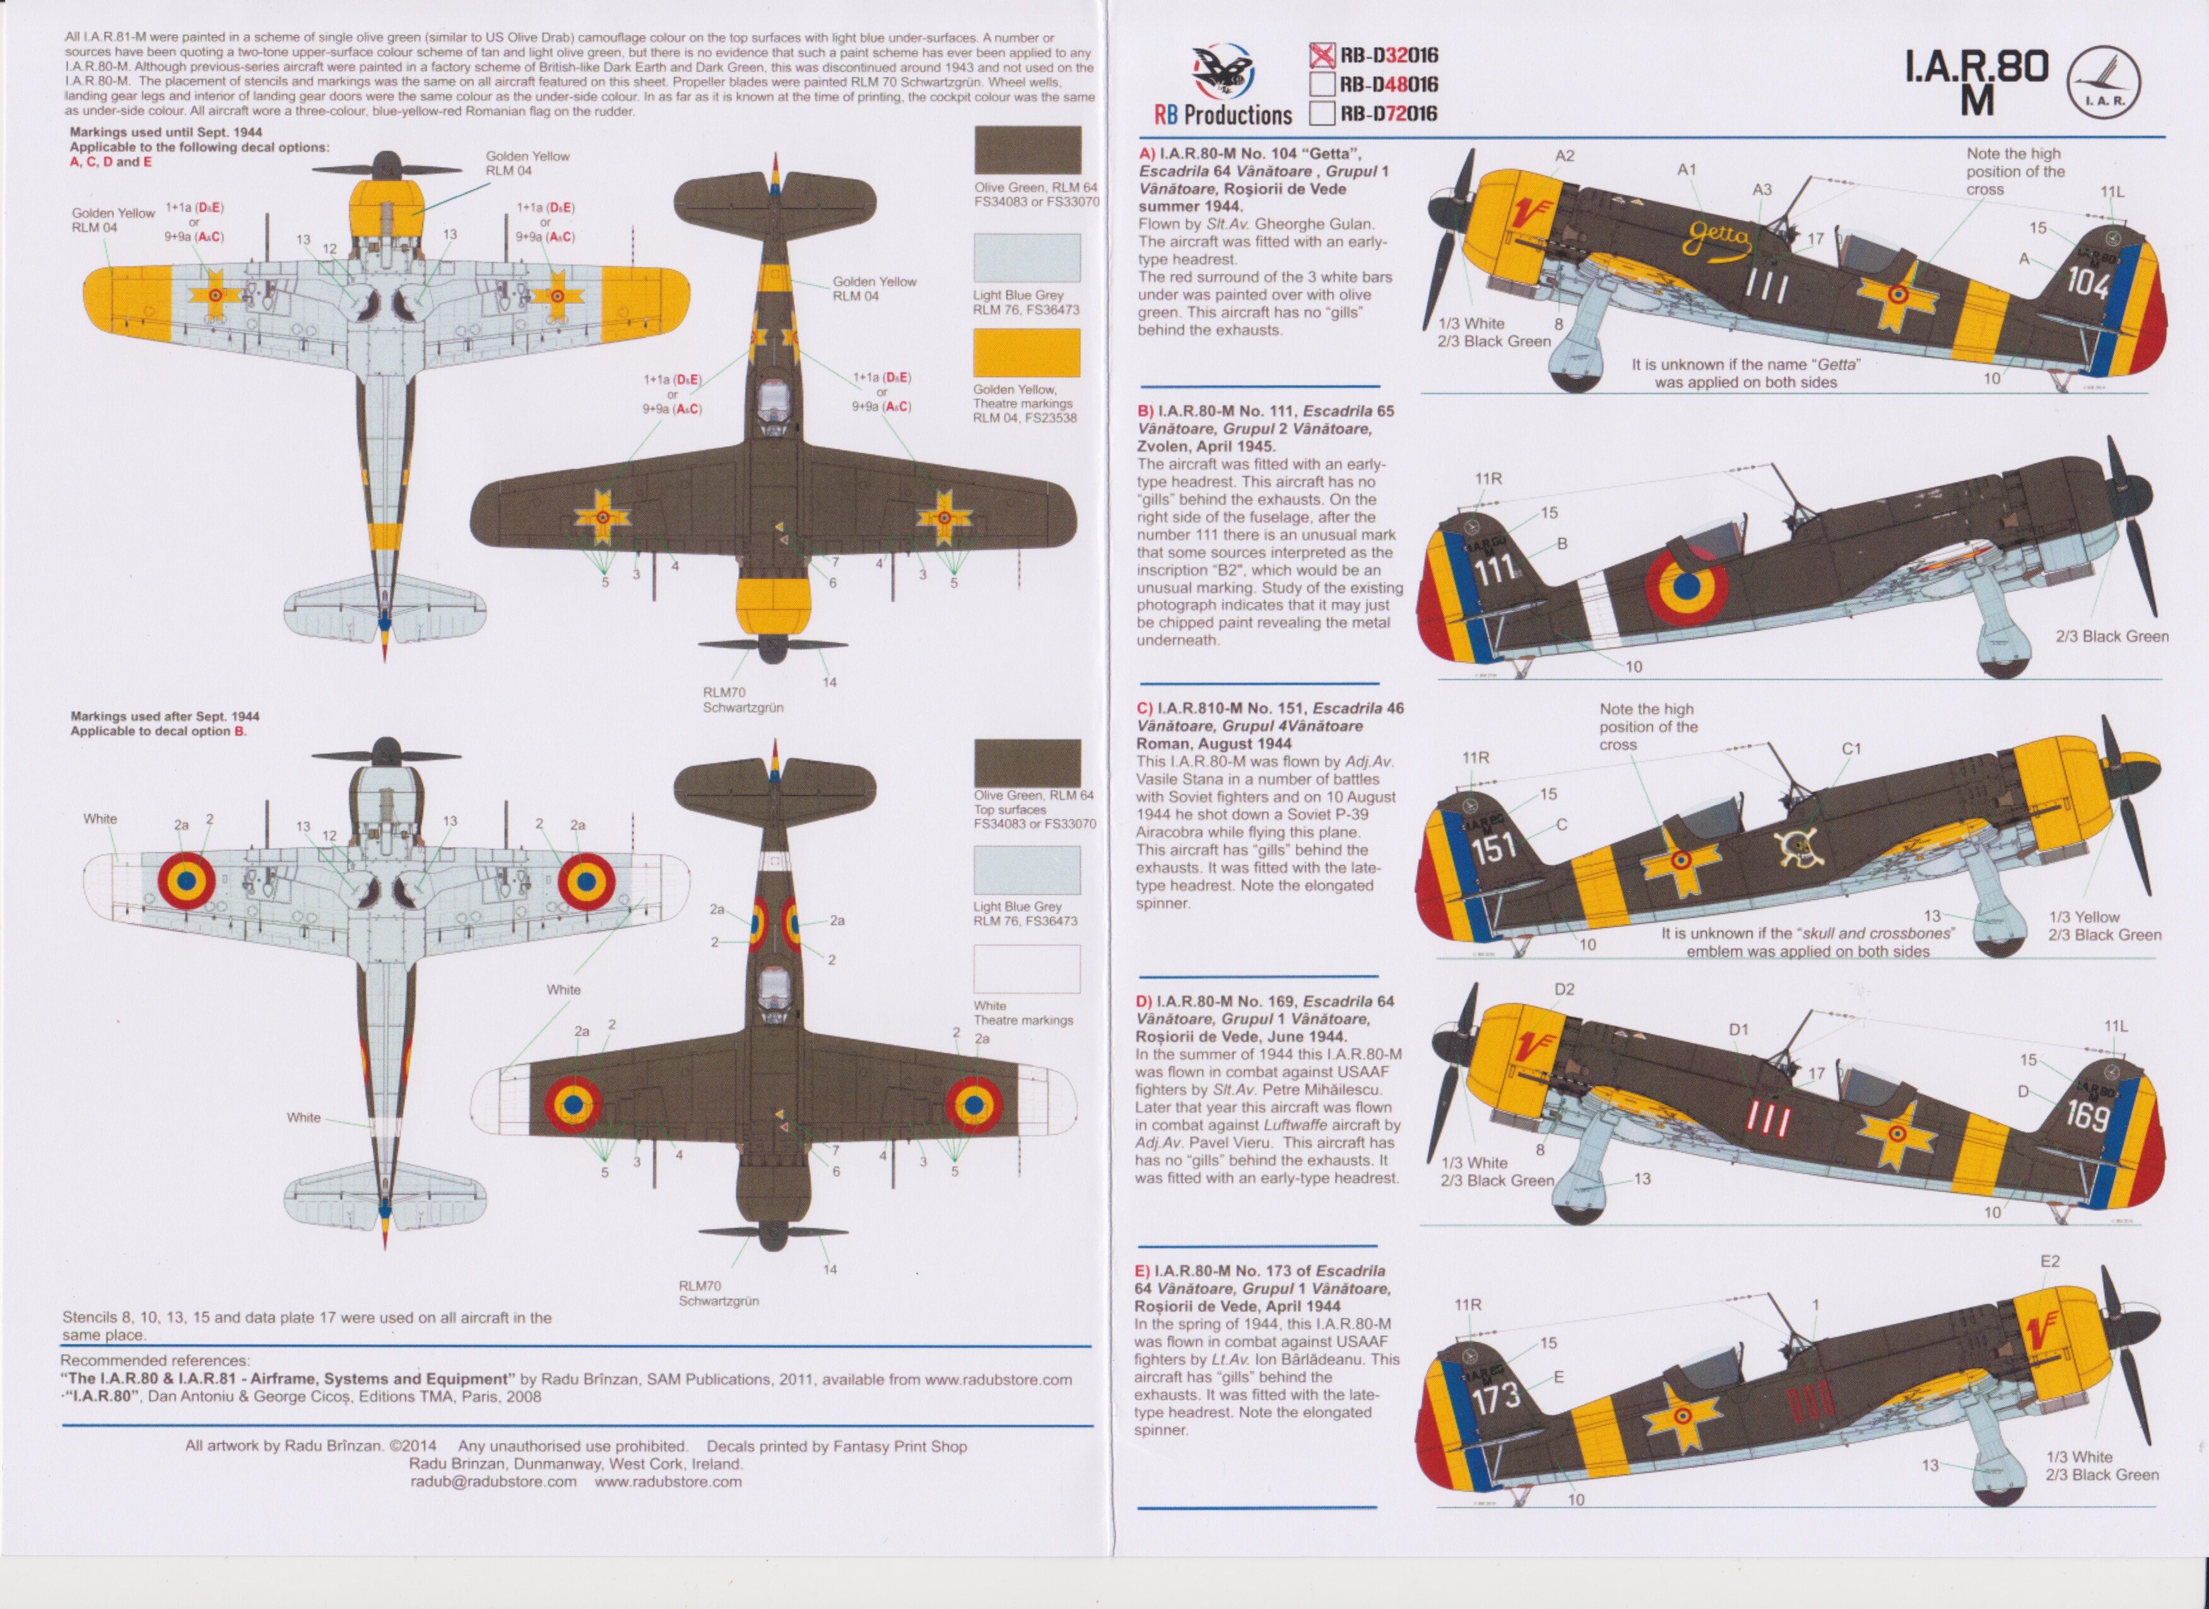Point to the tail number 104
point(2087,285)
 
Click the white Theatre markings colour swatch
point(1027,969)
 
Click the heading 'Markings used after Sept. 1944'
point(165,716)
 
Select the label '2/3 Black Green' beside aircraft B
point(2112,636)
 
